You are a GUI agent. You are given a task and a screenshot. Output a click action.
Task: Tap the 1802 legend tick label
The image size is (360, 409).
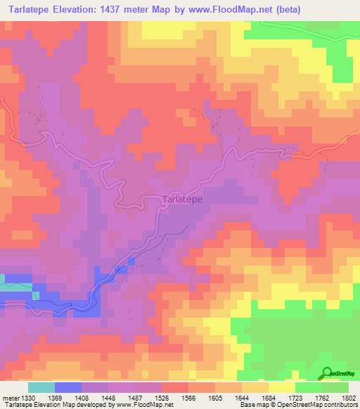pyautogui.click(x=349, y=397)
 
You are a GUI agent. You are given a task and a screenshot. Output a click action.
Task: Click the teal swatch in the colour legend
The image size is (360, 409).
pyautogui.click(x=41, y=387)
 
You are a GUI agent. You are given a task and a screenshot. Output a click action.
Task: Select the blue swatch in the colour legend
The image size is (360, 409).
pyautogui.click(x=68, y=387)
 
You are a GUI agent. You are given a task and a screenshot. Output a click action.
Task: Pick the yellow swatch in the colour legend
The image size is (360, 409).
pyautogui.click(x=282, y=387)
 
